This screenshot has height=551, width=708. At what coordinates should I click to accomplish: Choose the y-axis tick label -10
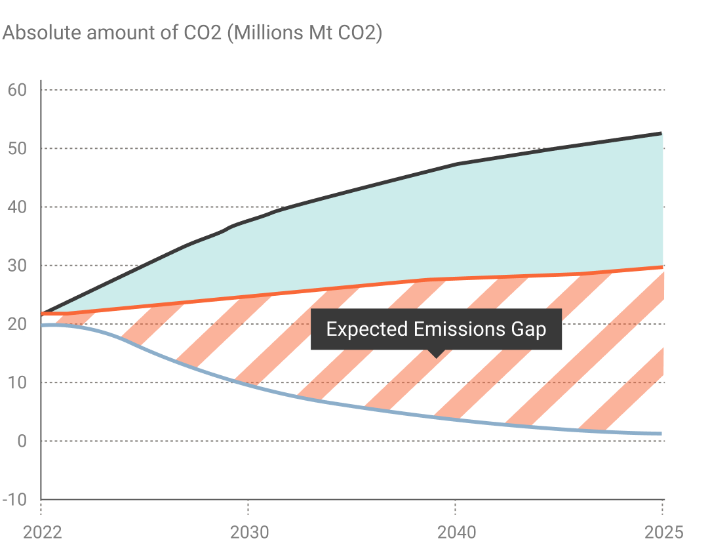tap(14, 500)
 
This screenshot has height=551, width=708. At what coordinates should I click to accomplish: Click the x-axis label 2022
tap(42, 532)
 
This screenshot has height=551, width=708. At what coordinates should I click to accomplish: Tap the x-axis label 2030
tap(249, 532)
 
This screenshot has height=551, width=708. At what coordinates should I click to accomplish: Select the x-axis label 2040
tap(456, 532)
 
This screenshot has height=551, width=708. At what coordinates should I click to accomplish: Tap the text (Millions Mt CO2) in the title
tap(304, 33)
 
